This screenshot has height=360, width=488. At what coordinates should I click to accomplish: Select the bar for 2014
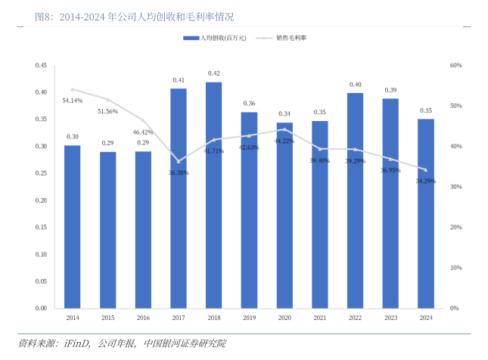pos(73,227)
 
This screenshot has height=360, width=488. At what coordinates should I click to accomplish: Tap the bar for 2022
pos(356,200)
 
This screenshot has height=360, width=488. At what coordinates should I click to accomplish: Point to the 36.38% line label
pos(179,172)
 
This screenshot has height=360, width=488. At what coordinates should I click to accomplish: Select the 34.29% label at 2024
pos(425,181)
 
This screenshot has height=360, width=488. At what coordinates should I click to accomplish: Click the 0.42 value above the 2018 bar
pos(214,73)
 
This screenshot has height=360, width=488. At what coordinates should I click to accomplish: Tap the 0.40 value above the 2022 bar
pos(356,85)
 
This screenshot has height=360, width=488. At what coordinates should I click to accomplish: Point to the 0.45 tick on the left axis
pos(41,66)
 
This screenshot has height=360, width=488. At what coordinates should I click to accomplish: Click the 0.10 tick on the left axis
pos(41,254)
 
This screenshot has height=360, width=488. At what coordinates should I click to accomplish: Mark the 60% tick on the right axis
pos(455,66)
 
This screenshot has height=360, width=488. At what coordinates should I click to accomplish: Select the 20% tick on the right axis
pos(455,227)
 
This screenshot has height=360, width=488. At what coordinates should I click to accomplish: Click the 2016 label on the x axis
pos(143,318)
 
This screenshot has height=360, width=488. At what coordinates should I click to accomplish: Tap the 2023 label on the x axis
pos(390,318)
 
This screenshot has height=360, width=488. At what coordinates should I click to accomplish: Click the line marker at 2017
pos(179,161)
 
